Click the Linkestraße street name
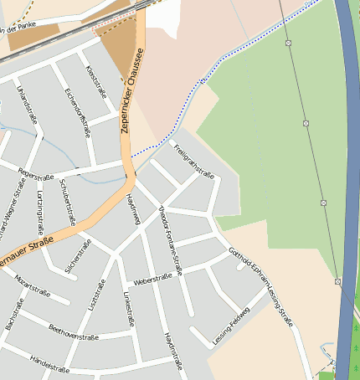click(x=129, y=311)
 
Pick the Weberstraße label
click(x=152, y=280)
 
